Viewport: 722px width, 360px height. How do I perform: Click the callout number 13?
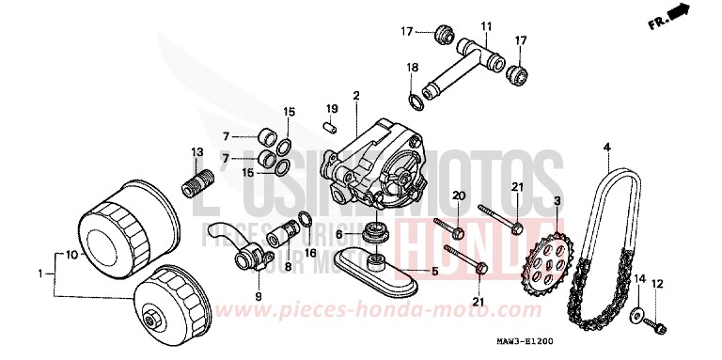pos(197,151)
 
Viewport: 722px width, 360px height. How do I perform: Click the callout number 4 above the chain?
pos(606,147)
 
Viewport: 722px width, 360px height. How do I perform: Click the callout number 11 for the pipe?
pos(487,25)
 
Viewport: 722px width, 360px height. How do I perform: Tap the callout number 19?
pos(332,109)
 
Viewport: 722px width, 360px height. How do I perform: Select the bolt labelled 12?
pos(657,324)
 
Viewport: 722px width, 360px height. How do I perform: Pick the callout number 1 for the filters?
pos(39,274)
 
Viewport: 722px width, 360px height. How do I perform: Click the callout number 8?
pos(288,266)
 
